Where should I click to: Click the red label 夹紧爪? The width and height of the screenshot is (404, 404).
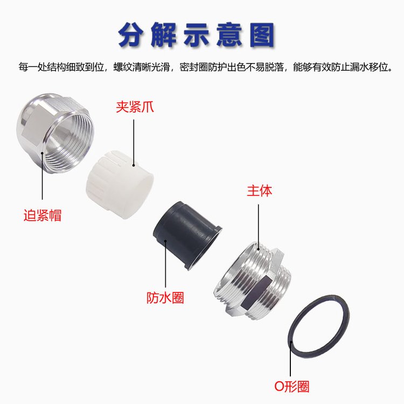[135, 107]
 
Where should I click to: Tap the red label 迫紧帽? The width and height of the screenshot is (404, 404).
[43, 215]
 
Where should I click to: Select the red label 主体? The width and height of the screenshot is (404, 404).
[259, 191]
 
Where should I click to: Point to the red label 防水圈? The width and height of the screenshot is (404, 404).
[165, 298]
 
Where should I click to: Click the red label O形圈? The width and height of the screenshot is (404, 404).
[291, 386]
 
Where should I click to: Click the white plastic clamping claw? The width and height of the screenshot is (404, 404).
[120, 184]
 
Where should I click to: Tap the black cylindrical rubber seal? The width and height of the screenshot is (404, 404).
[187, 235]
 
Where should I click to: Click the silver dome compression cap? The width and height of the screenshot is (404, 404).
[55, 133]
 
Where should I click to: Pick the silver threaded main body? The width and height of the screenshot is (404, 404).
[253, 281]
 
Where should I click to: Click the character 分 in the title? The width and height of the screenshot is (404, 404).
[131, 35]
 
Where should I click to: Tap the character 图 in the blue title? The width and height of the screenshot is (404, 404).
[262, 35]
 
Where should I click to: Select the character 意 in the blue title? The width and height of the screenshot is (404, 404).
[229, 35]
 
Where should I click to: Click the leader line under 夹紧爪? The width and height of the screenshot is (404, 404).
[134, 143]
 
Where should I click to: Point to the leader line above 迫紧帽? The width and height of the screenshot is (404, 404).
[42, 176]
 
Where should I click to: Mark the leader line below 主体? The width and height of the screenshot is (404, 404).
[259, 227]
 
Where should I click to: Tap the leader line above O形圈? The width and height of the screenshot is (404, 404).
[290, 359]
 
